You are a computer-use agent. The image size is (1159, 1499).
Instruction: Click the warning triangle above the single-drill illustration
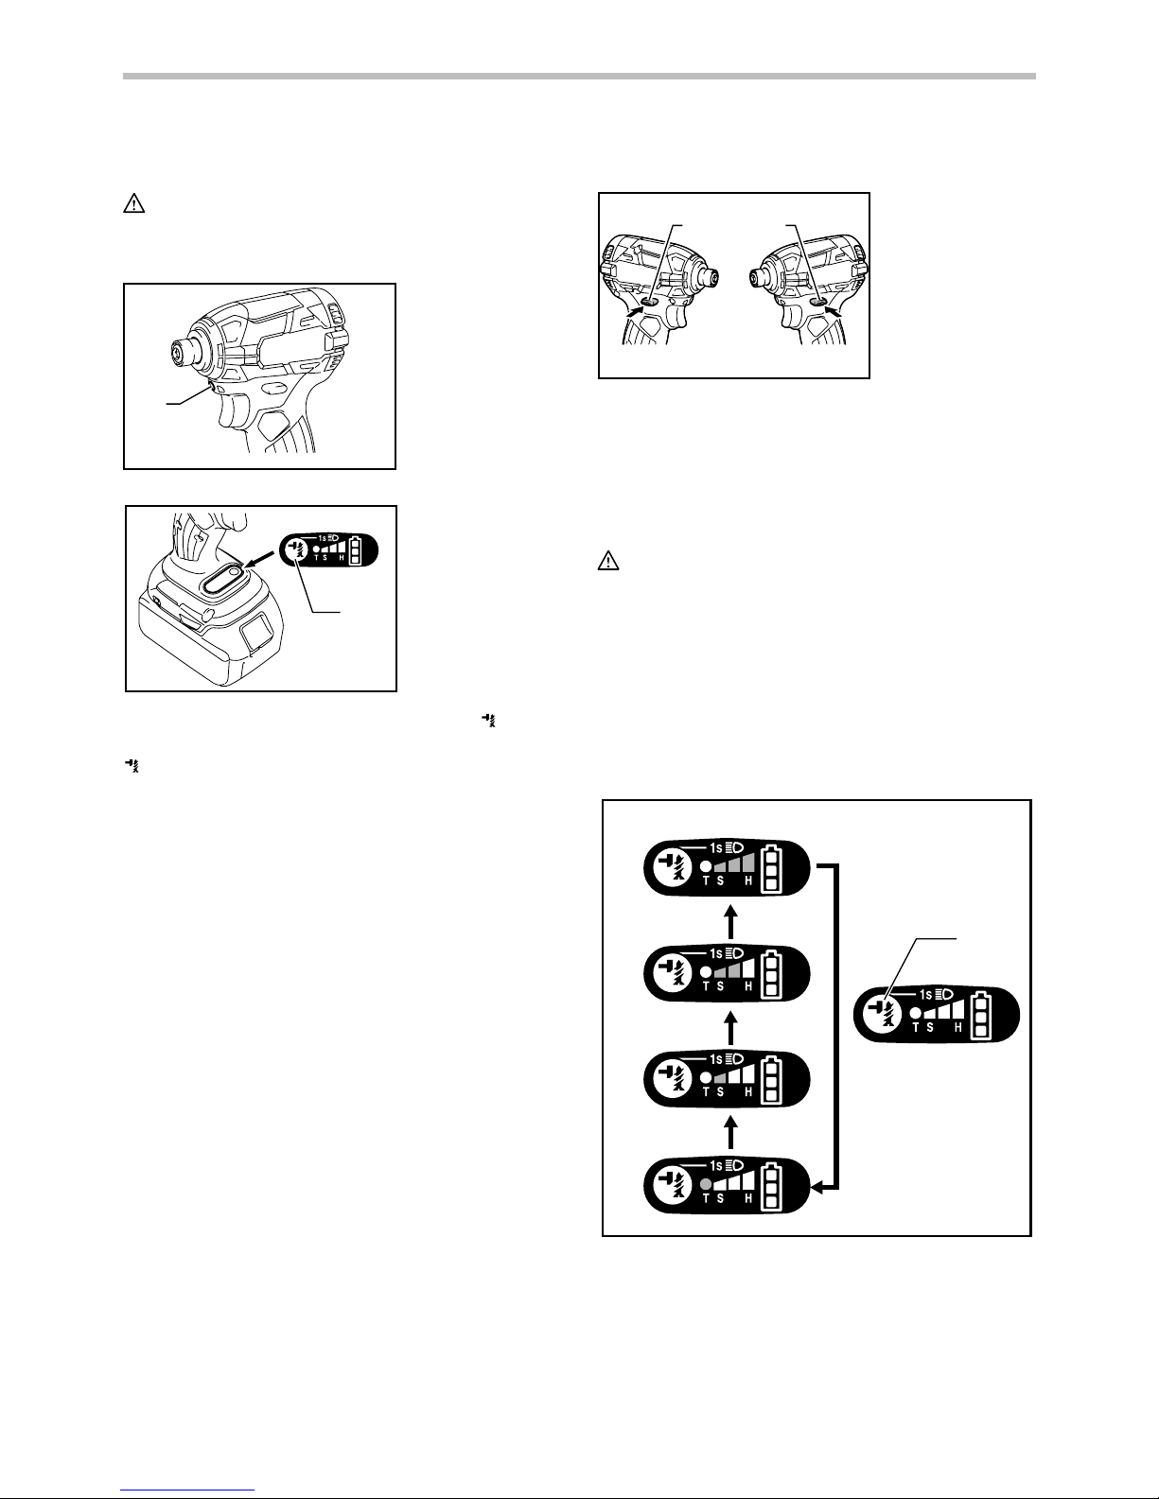[133, 204]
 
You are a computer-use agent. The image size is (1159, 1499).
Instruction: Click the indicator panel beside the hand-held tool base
[329, 549]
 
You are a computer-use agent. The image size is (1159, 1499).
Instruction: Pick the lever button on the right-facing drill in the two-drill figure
[649, 302]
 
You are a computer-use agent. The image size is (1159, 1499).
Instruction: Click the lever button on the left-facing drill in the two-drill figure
[819, 302]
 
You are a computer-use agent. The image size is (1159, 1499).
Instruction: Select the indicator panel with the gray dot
[727, 1186]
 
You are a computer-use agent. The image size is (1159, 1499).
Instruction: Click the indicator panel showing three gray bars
[727, 868]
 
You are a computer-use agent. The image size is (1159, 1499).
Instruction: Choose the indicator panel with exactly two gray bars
[727, 973]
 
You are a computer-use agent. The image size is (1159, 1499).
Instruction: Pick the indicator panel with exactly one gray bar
[727, 1080]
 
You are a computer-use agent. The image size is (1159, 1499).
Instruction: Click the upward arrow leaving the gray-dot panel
[731, 1133]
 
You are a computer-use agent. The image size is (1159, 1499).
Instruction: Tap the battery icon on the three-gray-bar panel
[771, 868]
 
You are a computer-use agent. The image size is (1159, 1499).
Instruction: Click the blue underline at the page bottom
[187, 1490]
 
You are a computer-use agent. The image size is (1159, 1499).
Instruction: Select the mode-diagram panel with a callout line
[936, 1015]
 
